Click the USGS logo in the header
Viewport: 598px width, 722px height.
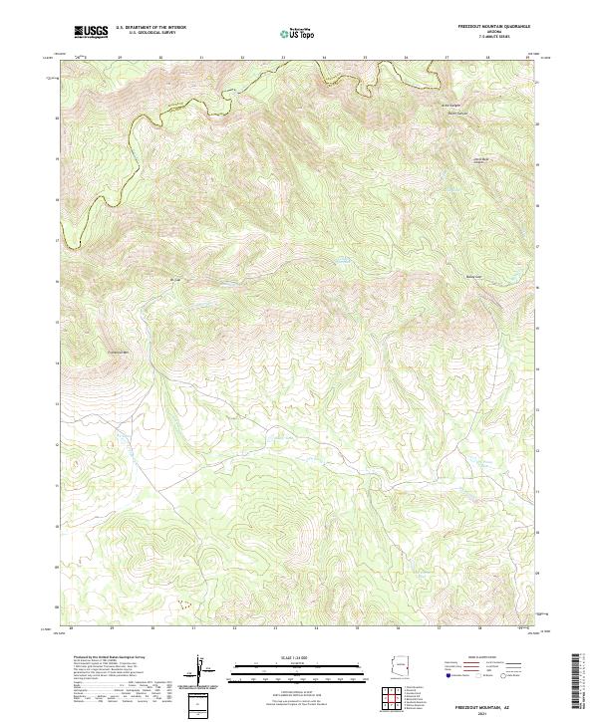coord(91,33)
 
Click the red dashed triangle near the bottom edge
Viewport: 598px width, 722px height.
coord(182,603)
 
